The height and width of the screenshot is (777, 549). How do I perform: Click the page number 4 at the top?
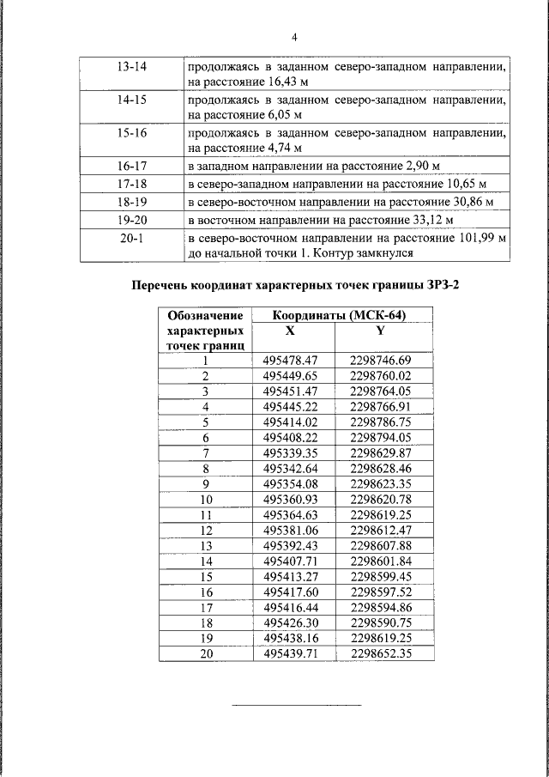click(293, 38)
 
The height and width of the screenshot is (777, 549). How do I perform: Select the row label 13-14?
click(130, 65)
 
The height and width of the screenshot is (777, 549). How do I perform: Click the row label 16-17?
click(130, 166)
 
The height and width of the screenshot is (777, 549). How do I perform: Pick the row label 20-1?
click(130, 238)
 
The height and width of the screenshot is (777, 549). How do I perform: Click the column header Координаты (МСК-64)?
click(339, 315)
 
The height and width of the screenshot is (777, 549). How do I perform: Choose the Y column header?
click(381, 330)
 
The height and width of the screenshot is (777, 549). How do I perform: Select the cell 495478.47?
click(291, 361)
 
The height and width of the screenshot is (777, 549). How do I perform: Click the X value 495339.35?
click(291, 452)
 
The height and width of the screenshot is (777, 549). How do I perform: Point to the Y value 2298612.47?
click(381, 530)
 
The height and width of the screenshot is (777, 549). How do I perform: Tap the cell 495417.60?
click(291, 592)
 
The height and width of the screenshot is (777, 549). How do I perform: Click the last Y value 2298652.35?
click(381, 653)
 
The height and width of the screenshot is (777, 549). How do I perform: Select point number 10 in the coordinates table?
click(206, 499)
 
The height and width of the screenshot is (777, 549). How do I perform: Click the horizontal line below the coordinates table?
click(298, 705)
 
